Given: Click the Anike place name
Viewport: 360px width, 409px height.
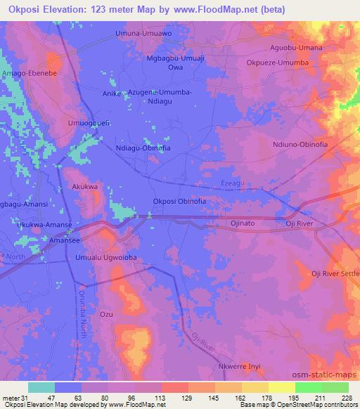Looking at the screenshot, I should (111, 93).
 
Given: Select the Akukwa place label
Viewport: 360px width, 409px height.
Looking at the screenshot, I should (84, 187).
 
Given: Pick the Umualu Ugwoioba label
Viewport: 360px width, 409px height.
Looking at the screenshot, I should (105, 258).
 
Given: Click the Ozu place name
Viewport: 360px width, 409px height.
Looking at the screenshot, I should (106, 313).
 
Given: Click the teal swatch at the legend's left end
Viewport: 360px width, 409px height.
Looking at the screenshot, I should (41, 387).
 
